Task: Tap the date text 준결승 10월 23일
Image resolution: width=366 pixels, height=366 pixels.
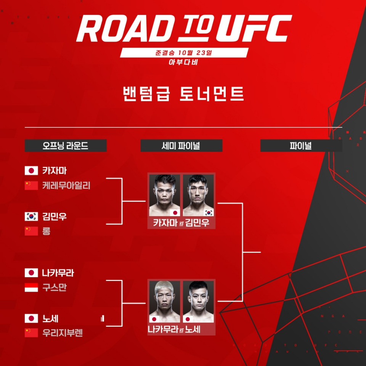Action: pyautogui.click(x=184, y=53)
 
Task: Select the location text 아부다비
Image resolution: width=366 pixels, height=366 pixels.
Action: pyautogui.click(x=183, y=63)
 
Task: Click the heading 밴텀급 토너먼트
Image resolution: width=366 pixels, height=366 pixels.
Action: pyautogui.click(x=183, y=94)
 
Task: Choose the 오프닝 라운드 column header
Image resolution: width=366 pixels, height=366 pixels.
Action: pyautogui.click(x=66, y=146)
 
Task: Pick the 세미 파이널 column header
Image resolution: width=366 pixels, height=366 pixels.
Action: pyautogui.click(x=181, y=146)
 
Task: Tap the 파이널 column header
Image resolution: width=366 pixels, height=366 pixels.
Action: pyautogui.click(x=301, y=146)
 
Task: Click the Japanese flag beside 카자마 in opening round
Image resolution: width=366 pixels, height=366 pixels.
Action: pyautogui.click(x=31, y=171)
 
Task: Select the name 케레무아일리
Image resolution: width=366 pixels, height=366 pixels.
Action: pyautogui.click(x=66, y=186)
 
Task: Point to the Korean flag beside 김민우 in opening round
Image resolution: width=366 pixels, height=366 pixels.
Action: pyautogui.click(x=31, y=217)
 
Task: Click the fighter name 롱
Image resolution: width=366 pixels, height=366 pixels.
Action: pyautogui.click(x=46, y=231)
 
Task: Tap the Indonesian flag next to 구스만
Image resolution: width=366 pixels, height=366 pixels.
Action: pyautogui.click(x=31, y=288)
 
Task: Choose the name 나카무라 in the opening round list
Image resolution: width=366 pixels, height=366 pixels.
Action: pyautogui.click(x=58, y=273)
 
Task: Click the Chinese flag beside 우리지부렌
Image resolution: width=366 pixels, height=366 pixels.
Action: pyautogui.click(x=31, y=333)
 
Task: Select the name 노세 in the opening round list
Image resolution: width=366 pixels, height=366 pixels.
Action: pyautogui.click(x=50, y=318)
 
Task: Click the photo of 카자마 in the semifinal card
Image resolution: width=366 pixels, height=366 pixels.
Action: pyautogui.click(x=164, y=195)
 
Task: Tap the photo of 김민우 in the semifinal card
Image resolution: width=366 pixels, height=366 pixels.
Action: pyautogui.click(x=198, y=195)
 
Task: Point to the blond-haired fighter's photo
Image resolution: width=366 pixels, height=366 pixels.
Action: pyautogui.click(x=164, y=302)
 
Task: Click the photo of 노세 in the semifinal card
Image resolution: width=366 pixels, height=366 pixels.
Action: pyautogui.click(x=198, y=302)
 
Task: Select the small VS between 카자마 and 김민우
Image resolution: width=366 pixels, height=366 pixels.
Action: pyautogui.click(x=181, y=223)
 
